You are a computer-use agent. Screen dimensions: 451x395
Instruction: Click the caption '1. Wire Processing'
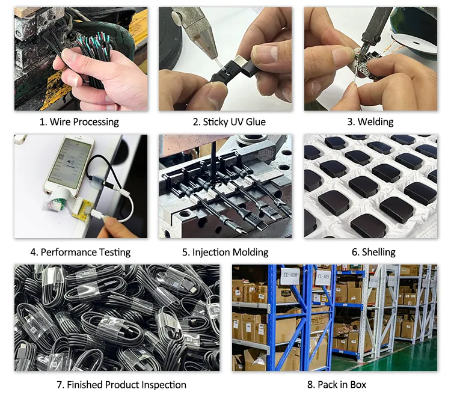coord(79,122)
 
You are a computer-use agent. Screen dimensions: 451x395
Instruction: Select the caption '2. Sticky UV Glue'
coord(229,122)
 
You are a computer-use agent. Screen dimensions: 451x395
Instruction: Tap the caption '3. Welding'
coord(370,122)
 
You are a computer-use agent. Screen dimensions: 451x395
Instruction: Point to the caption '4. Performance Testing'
coord(81,252)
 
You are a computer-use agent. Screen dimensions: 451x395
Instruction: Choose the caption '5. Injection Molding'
coord(226,252)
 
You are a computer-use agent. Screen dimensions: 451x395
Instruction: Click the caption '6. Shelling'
coord(373,252)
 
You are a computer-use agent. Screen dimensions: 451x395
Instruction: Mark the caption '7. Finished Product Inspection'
coord(121,385)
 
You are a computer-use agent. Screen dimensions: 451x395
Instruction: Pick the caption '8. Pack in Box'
coord(337,385)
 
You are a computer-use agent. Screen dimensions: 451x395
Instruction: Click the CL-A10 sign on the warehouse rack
coord(290,276)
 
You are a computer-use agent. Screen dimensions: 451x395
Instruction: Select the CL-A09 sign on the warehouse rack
coord(324,277)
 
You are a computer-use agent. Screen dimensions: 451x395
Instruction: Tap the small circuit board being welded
coord(367,66)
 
